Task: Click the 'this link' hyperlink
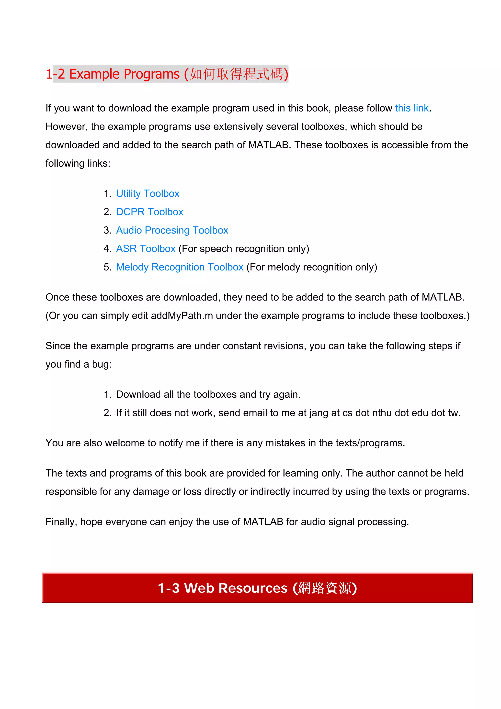coord(411,108)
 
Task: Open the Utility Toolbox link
coord(148,193)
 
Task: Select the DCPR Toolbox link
coord(150,212)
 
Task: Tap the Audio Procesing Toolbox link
coord(172,230)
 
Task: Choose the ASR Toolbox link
coord(146,249)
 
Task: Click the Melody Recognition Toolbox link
coord(180,267)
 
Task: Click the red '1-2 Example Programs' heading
coord(113,74)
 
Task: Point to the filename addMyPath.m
coord(182,316)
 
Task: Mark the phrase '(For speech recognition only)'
coord(244,249)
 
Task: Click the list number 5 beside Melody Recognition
coord(107,267)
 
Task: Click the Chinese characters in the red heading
coord(236,74)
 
